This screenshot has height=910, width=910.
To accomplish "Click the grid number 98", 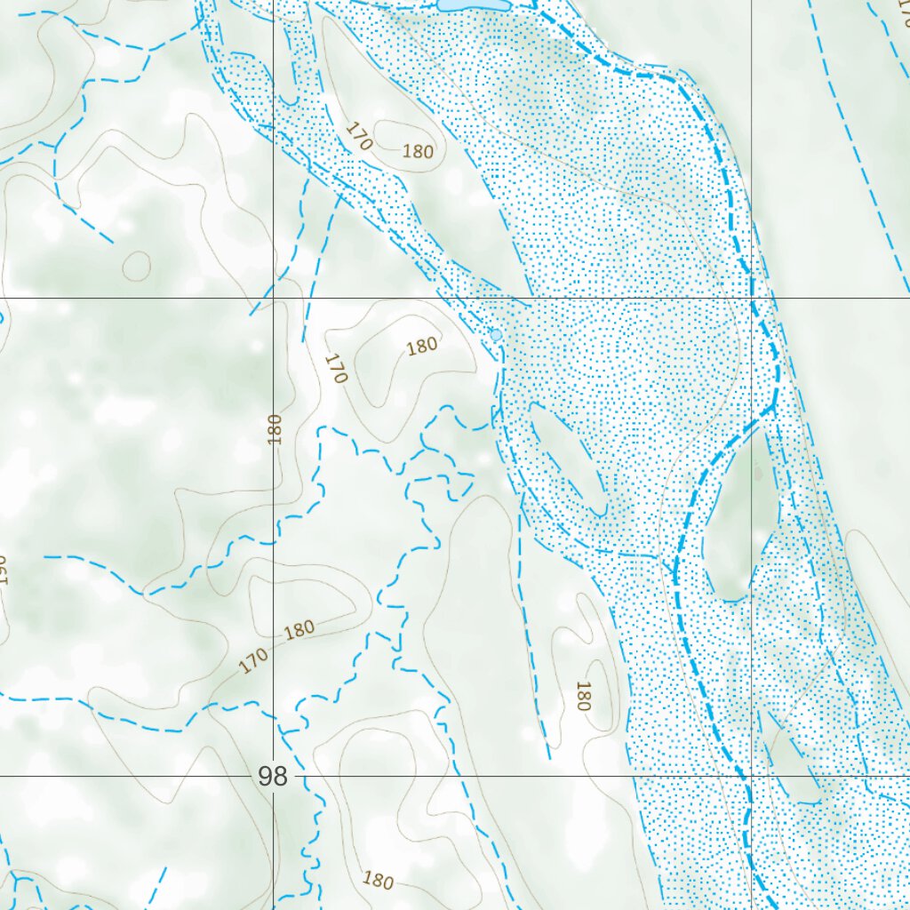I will tap(273, 777).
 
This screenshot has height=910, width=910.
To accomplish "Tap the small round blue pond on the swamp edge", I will tap(496, 335).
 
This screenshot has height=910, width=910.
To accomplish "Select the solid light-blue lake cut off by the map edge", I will tap(474, 5).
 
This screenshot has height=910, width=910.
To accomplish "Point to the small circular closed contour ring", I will tap(137, 265).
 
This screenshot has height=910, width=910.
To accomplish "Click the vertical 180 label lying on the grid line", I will tap(274, 429).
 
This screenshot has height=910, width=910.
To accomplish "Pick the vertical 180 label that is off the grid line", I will tap(583, 696).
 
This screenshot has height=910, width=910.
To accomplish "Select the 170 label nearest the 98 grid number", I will tap(253, 660).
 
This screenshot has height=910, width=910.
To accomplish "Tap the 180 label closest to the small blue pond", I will tap(422, 346).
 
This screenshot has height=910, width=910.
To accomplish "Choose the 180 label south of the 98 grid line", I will tap(378, 881).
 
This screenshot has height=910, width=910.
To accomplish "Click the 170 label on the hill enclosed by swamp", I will tap(358, 136).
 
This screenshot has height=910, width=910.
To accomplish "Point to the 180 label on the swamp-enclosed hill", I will tap(418, 151).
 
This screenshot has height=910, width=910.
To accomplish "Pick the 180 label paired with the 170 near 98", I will tap(299, 629).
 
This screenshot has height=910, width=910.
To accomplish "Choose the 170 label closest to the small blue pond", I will tap(334, 368).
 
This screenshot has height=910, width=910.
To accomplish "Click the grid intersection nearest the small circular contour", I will tap(273, 298).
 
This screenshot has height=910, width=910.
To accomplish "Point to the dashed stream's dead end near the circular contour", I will tap(113, 241).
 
